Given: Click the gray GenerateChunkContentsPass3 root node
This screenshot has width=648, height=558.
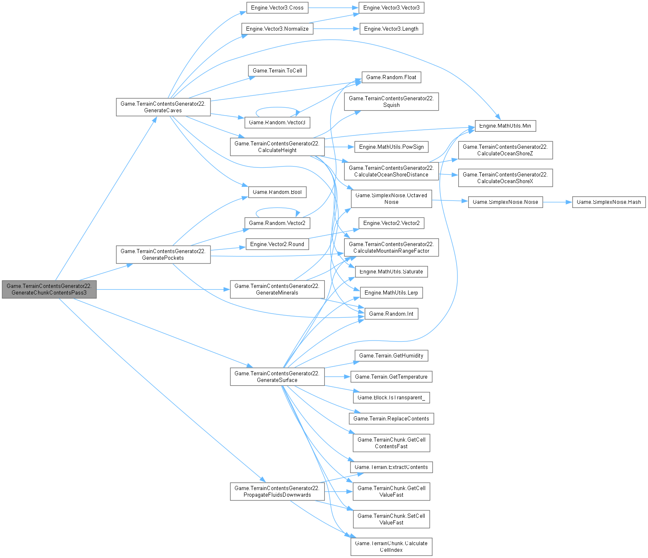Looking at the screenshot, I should point(49,289).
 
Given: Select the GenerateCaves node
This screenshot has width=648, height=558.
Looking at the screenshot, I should point(163,107).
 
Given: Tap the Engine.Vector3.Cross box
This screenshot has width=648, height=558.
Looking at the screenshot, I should point(277,7).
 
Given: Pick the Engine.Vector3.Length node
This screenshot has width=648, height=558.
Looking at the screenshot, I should point(391,29).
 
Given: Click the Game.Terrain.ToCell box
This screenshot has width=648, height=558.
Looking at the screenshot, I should point(277,70).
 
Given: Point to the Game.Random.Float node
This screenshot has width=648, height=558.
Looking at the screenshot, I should point(391,77).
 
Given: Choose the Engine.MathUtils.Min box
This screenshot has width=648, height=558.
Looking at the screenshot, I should point(505,126).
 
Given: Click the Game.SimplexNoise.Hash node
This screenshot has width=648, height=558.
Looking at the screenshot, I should point(609,202).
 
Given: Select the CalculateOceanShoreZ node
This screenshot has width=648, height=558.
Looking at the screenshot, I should point(505,150).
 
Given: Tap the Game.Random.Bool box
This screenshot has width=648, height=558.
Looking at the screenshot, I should point(277,192).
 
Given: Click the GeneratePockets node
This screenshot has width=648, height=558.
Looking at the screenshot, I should point(163,254).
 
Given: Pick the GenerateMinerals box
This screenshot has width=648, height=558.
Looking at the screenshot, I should point(277,289).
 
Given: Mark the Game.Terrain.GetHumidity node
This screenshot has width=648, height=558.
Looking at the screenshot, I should point(391,355).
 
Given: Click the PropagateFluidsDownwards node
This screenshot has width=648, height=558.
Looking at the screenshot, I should point(277,491).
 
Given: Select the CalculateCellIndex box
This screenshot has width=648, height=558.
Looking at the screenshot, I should point(391,546).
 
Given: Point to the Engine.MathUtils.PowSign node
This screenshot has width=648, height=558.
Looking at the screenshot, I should point(391,147).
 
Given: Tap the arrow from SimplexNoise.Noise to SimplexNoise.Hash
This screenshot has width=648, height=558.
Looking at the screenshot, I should point(557,202).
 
